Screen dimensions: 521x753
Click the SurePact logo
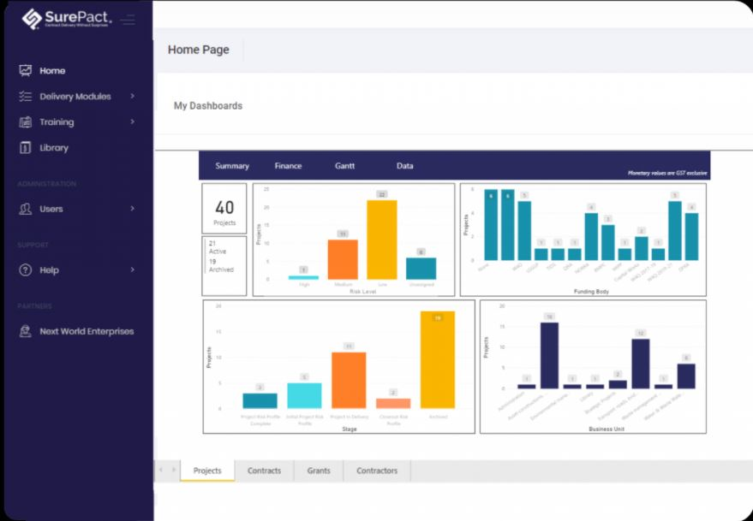(68, 19)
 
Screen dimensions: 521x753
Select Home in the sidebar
(51, 71)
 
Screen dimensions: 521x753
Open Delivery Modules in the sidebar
(75, 97)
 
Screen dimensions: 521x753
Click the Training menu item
(56, 122)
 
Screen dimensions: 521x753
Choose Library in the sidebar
(53, 148)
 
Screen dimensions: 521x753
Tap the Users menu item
(51, 209)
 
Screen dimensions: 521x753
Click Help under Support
(49, 270)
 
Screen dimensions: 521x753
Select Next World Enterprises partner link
(86, 332)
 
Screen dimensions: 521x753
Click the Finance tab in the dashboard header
(288, 166)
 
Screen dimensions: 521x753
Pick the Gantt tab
(344, 166)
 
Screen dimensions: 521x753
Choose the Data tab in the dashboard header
(404, 166)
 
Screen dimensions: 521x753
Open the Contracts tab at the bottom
(264, 471)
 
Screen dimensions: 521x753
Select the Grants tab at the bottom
(319, 471)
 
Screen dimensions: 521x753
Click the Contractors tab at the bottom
(377, 471)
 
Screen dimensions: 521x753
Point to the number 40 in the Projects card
(224, 207)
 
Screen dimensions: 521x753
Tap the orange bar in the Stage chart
(349, 380)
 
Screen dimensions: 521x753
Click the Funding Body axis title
(591, 292)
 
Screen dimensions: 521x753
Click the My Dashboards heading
(208, 106)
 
